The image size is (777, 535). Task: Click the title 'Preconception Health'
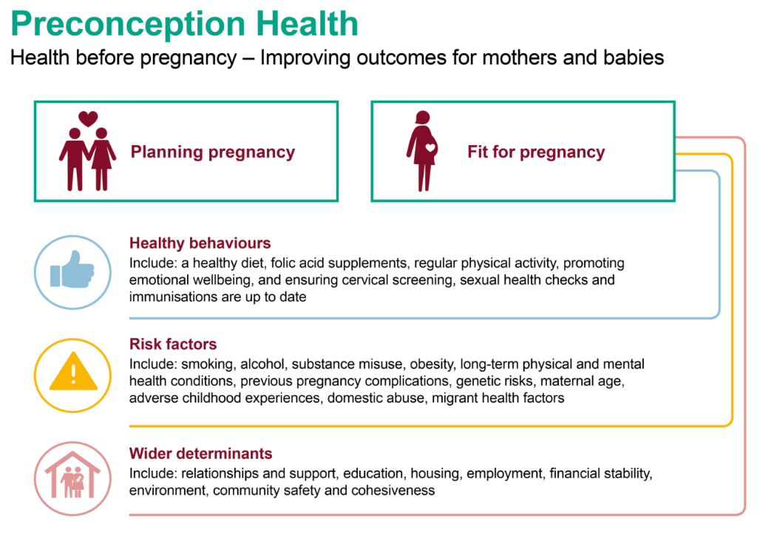click(184, 24)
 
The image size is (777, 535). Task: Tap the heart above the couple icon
click(88, 118)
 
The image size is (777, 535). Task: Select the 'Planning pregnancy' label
click(213, 152)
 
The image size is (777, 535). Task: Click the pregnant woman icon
click(422, 151)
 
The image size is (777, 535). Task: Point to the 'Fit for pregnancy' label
click(536, 152)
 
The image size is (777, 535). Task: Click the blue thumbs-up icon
click(72, 269)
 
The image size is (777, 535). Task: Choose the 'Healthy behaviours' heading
click(200, 243)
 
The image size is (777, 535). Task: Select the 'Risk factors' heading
click(173, 344)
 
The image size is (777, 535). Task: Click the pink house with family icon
click(73, 476)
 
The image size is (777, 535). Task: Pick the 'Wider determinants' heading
click(200, 454)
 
